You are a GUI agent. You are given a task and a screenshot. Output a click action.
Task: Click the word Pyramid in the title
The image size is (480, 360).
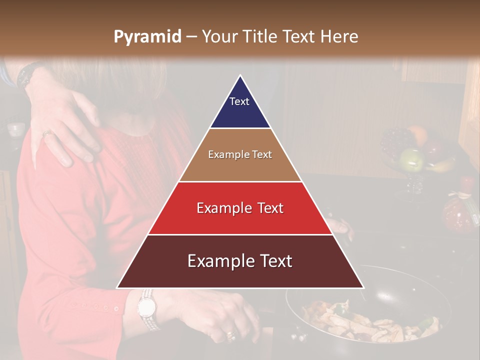click(147, 36)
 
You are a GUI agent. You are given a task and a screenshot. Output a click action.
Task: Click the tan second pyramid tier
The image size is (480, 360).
click(240, 155)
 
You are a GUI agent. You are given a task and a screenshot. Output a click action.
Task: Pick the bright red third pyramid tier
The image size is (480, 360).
click(240, 208)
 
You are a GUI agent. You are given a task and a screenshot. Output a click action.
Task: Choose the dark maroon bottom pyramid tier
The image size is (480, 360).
click(240, 261)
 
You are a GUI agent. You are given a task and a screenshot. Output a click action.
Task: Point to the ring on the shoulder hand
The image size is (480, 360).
click(46, 133)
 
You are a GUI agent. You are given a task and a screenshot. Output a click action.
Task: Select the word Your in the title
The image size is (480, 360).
click(218, 36)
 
